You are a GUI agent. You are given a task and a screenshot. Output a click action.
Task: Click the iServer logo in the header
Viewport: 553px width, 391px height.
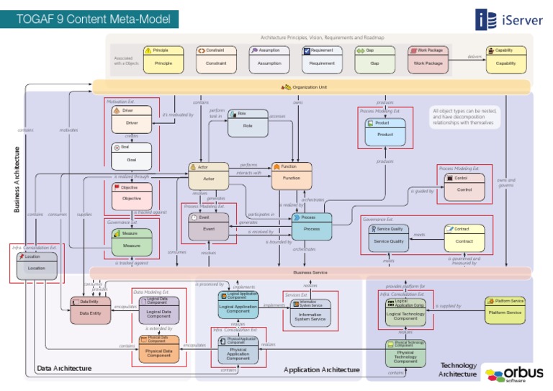508,19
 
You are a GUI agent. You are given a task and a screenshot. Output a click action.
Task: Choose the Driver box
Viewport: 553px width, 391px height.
132,119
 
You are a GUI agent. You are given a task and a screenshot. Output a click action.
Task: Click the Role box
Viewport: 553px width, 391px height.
248,123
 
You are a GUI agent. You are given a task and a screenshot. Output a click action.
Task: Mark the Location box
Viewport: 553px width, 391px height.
37,266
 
